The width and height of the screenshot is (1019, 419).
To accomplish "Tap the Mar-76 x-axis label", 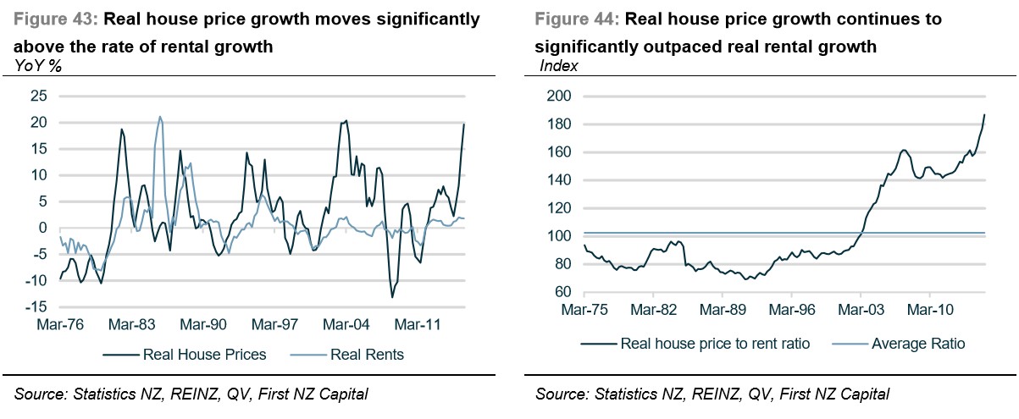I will [x=60, y=324].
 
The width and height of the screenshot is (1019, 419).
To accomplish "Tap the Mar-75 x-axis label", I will [x=584, y=309].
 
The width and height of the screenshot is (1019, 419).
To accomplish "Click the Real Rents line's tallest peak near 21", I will [x=160, y=117].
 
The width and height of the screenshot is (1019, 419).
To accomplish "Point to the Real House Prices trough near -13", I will [x=392, y=296].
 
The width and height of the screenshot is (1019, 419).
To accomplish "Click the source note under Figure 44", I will [x=712, y=394].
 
